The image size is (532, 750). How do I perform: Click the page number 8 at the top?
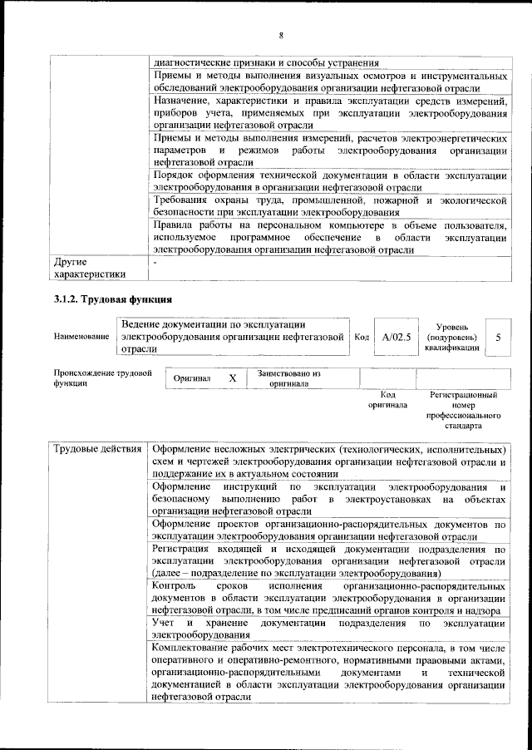[282, 35]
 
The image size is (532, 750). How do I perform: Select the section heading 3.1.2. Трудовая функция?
[112, 299]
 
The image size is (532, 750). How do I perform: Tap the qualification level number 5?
[497, 338]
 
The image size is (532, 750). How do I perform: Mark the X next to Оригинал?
[233, 378]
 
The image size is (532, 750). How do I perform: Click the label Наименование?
[81, 337]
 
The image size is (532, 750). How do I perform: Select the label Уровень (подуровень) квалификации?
[453, 338]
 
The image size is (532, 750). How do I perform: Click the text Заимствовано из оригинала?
[288, 378]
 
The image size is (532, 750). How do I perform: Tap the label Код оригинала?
[387, 400]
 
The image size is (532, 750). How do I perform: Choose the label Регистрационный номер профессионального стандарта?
[463, 410]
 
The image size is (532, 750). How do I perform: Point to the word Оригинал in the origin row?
[192, 379]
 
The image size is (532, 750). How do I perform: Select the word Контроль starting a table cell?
[177, 585]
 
